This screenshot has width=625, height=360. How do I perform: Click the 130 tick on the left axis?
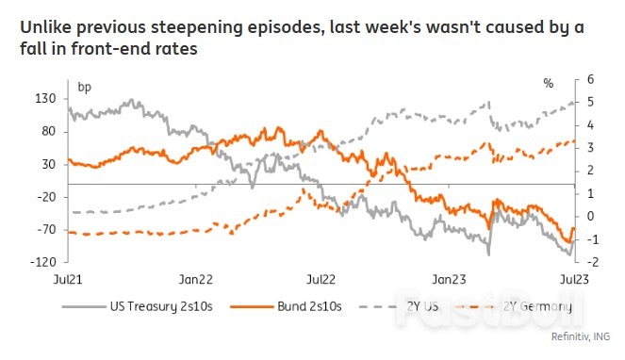tap(46, 99)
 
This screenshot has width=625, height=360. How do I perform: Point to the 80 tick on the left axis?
tap(49, 131)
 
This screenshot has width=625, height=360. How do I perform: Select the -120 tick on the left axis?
tap(44, 261)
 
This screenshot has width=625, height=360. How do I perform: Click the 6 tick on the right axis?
tap(590, 80)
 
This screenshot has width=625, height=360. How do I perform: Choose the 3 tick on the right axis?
tap(590, 148)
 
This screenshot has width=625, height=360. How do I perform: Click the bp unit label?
tap(84, 87)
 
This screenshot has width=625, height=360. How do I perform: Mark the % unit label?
tap(549, 85)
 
